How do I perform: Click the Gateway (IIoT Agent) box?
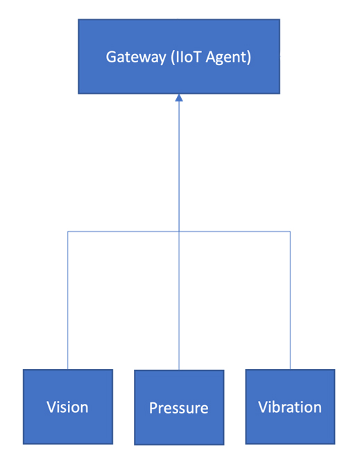tap(179, 56)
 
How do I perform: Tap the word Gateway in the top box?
tap(136, 58)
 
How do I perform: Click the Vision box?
tap(68, 407)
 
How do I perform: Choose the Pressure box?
tap(179, 407)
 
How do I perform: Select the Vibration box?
tap(290, 407)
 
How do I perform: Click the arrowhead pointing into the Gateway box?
tap(179, 98)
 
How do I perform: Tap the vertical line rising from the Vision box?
tap(68, 300)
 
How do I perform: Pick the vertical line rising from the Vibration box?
tap(290, 300)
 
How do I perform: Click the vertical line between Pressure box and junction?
tap(179, 300)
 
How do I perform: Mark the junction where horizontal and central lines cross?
tap(179, 231)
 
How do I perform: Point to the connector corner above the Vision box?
tap(68, 231)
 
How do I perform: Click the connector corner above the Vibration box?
tap(290, 231)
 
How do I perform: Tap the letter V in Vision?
tap(51, 407)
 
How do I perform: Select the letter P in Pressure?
tap(153, 408)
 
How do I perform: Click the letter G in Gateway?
tap(111, 57)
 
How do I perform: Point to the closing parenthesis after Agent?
tap(249, 57)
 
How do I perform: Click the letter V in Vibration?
tap(263, 407)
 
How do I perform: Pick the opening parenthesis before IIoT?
tap(173, 57)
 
